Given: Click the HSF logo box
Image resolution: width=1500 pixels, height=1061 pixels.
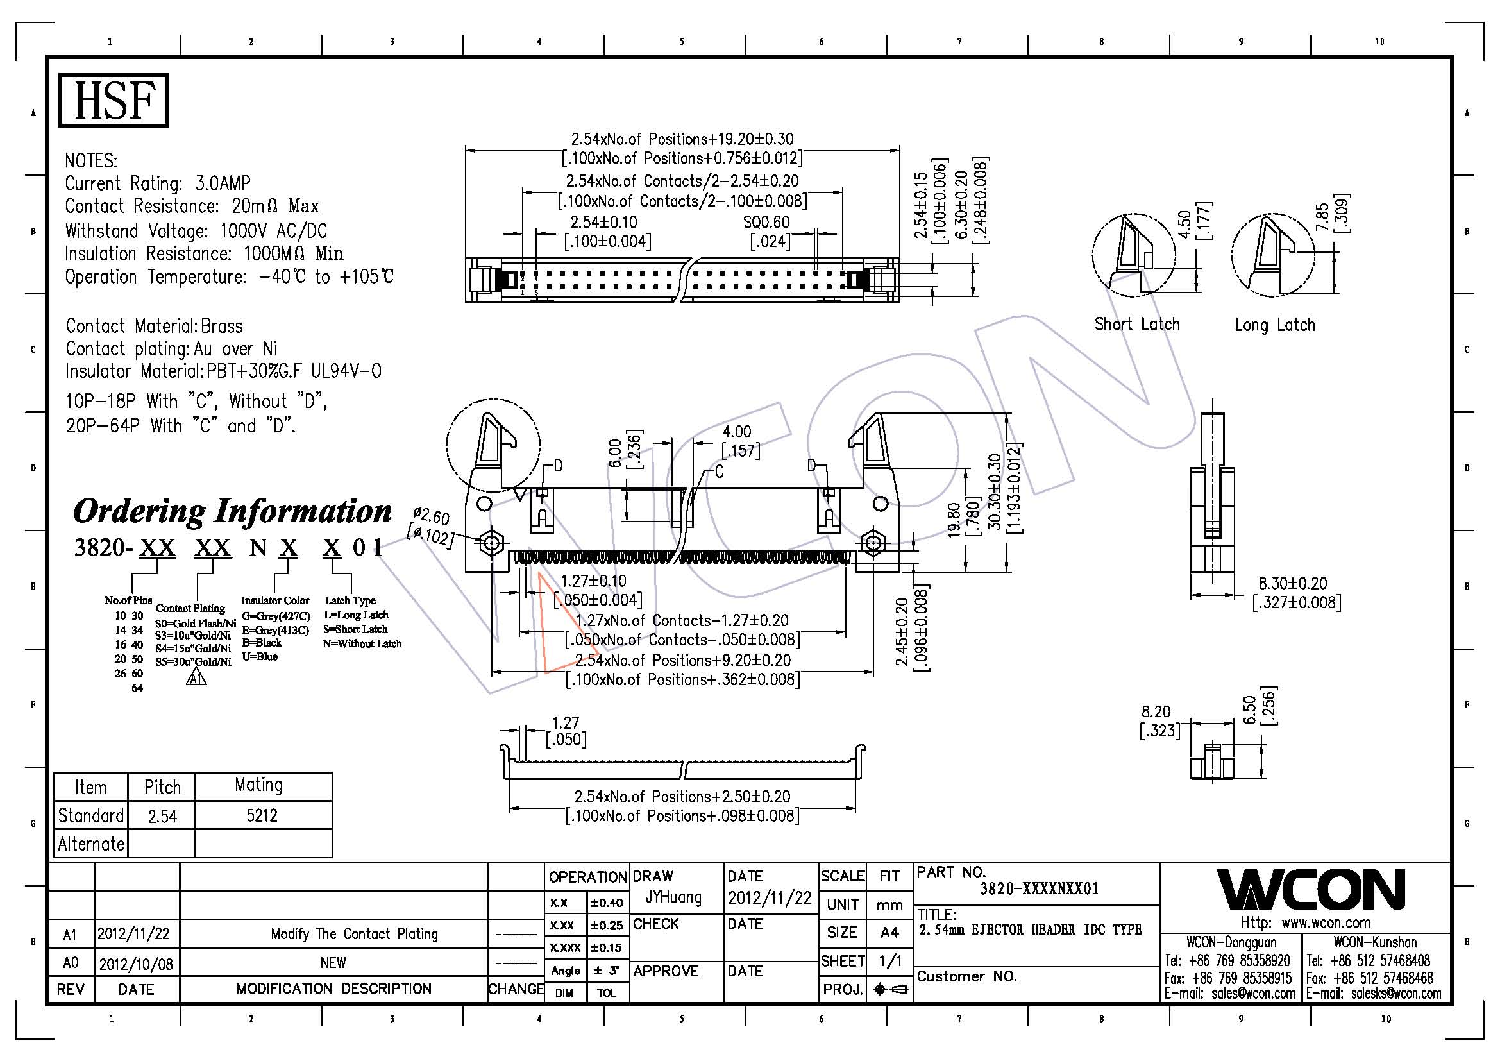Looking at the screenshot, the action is [114, 100].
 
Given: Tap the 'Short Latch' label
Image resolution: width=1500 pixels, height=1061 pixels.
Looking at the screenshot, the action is [1137, 324].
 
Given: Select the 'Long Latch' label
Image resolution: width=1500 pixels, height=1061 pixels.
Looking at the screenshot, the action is [1275, 325].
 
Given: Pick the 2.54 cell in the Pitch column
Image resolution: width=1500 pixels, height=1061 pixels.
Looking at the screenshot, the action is [162, 816].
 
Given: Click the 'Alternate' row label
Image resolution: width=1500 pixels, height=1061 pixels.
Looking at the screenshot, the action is [91, 844].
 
